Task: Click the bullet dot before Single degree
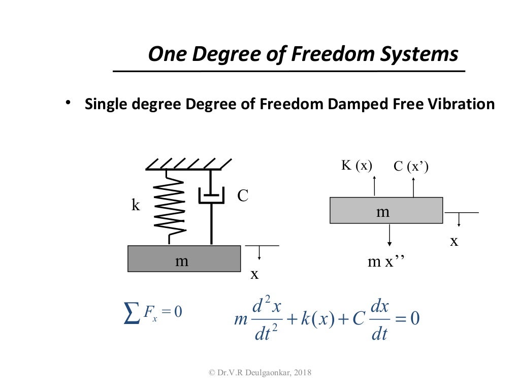click(x=67, y=103)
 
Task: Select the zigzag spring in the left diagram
click(x=169, y=205)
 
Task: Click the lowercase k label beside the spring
click(x=136, y=205)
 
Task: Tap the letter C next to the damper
click(x=243, y=196)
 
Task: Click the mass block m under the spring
click(x=184, y=258)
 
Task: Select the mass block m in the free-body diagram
click(x=386, y=210)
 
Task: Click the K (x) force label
click(x=356, y=165)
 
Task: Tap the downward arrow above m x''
click(x=389, y=236)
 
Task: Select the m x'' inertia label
click(x=386, y=262)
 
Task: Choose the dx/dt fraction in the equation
click(x=380, y=320)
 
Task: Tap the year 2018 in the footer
click(x=301, y=373)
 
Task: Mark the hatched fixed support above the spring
click(x=188, y=164)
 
